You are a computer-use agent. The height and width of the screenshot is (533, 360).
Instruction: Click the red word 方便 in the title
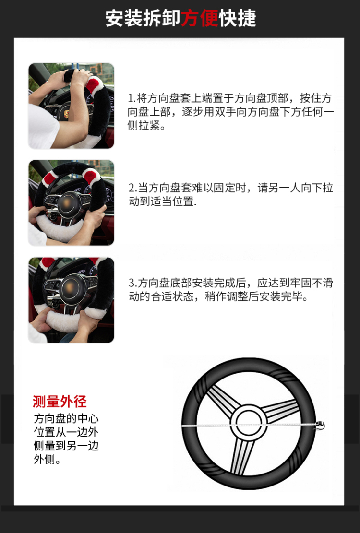tap(199, 18)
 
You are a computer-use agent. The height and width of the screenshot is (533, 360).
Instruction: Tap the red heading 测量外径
tap(60, 402)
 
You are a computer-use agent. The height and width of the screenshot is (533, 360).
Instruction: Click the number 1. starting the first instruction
tap(132, 98)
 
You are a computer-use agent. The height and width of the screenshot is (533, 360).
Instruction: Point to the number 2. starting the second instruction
tap(133, 188)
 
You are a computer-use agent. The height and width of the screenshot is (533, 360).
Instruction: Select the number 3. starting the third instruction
tap(133, 283)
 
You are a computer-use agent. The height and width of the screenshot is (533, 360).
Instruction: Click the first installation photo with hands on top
tap(71, 106)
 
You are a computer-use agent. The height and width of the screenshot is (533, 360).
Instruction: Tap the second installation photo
tap(71, 203)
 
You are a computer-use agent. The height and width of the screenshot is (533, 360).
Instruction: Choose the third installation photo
tap(71, 300)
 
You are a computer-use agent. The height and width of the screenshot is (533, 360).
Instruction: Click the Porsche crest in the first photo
tap(66, 114)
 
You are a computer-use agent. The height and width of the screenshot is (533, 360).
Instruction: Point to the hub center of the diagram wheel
tap(249, 423)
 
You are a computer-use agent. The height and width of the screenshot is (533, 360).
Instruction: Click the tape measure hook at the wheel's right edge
tap(320, 426)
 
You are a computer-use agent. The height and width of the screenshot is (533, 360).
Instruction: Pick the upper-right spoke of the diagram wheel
tap(280, 410)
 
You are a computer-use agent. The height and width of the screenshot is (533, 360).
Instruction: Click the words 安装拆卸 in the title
tap(143, 18)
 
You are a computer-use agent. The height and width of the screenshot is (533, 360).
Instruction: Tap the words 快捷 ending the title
tap(237, 18)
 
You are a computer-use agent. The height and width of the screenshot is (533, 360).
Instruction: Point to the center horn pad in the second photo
tap(68, 203)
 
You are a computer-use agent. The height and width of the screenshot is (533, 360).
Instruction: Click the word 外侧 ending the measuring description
tap(44, 459)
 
